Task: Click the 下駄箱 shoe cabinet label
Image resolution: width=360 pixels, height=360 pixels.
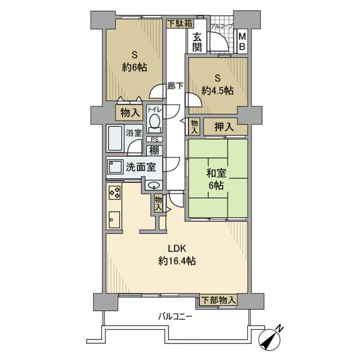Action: click(180, 24)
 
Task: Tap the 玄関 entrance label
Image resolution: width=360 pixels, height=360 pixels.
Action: click(197, 42)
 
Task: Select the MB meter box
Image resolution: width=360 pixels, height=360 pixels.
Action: click(242, 42)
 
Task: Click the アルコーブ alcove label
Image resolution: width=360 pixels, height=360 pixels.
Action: click(222, 26)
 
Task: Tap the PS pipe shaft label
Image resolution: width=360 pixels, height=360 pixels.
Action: click(154, 139)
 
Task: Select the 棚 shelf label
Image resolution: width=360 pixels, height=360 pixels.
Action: click(154, 151)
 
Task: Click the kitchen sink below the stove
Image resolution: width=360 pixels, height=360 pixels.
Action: click(114, 220)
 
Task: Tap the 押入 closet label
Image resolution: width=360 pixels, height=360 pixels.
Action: click(224, 127)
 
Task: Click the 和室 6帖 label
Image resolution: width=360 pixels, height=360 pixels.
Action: click(216, 179)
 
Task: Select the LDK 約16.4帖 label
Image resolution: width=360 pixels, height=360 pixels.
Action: click(177, 255)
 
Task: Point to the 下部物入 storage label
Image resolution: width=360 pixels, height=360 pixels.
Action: click(219, 300)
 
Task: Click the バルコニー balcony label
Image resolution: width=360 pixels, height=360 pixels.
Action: click(175, 317)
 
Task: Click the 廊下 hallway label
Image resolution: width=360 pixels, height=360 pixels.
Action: click(175, 86)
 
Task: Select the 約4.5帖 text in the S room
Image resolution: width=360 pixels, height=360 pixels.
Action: click(218, 91)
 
